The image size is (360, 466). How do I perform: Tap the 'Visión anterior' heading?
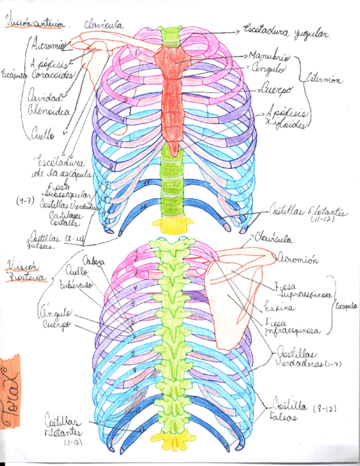click(x=34, y=24)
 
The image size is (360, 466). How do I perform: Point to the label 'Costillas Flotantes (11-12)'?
click(x=308, y=213)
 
